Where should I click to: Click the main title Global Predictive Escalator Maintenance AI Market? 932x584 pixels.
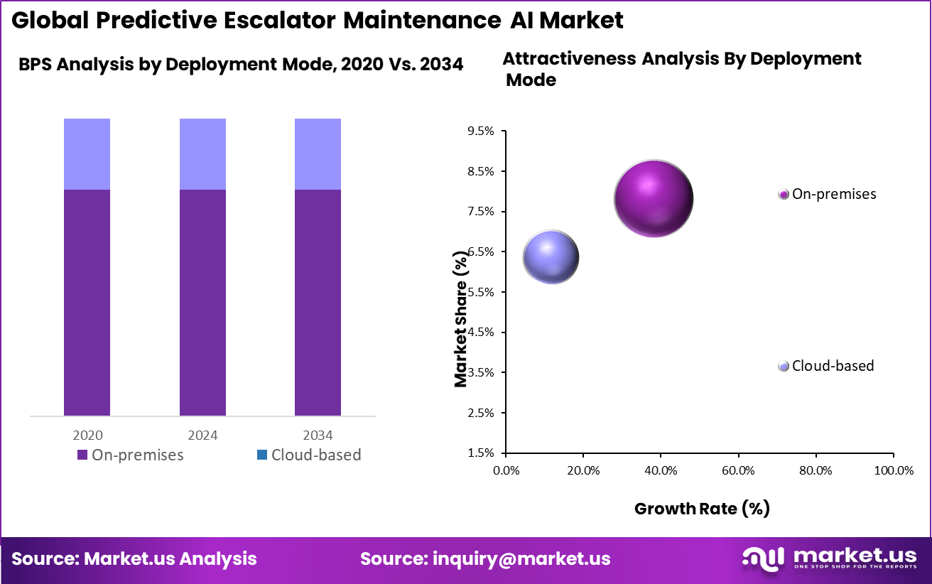point(318,20)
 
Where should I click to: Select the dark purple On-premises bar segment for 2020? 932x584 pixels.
point(87,302)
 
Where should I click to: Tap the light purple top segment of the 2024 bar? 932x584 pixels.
point(202,153)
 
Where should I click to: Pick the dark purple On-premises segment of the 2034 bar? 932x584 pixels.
point(318,302)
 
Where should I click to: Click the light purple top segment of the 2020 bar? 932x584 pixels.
point(87,153)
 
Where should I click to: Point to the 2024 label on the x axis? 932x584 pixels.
point(202,435)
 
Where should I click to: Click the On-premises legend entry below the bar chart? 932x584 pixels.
point(130,455)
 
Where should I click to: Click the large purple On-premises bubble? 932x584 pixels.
point(653,198)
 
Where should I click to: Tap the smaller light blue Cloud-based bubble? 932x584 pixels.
point(551,257)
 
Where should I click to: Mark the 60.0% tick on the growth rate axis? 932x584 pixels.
point(738,470)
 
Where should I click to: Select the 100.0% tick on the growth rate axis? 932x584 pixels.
point(893,470)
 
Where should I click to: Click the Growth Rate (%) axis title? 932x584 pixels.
point(702,508)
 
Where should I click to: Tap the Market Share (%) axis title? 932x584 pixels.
point(462,322)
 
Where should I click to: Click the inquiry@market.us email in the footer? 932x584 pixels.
point(485,559)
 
